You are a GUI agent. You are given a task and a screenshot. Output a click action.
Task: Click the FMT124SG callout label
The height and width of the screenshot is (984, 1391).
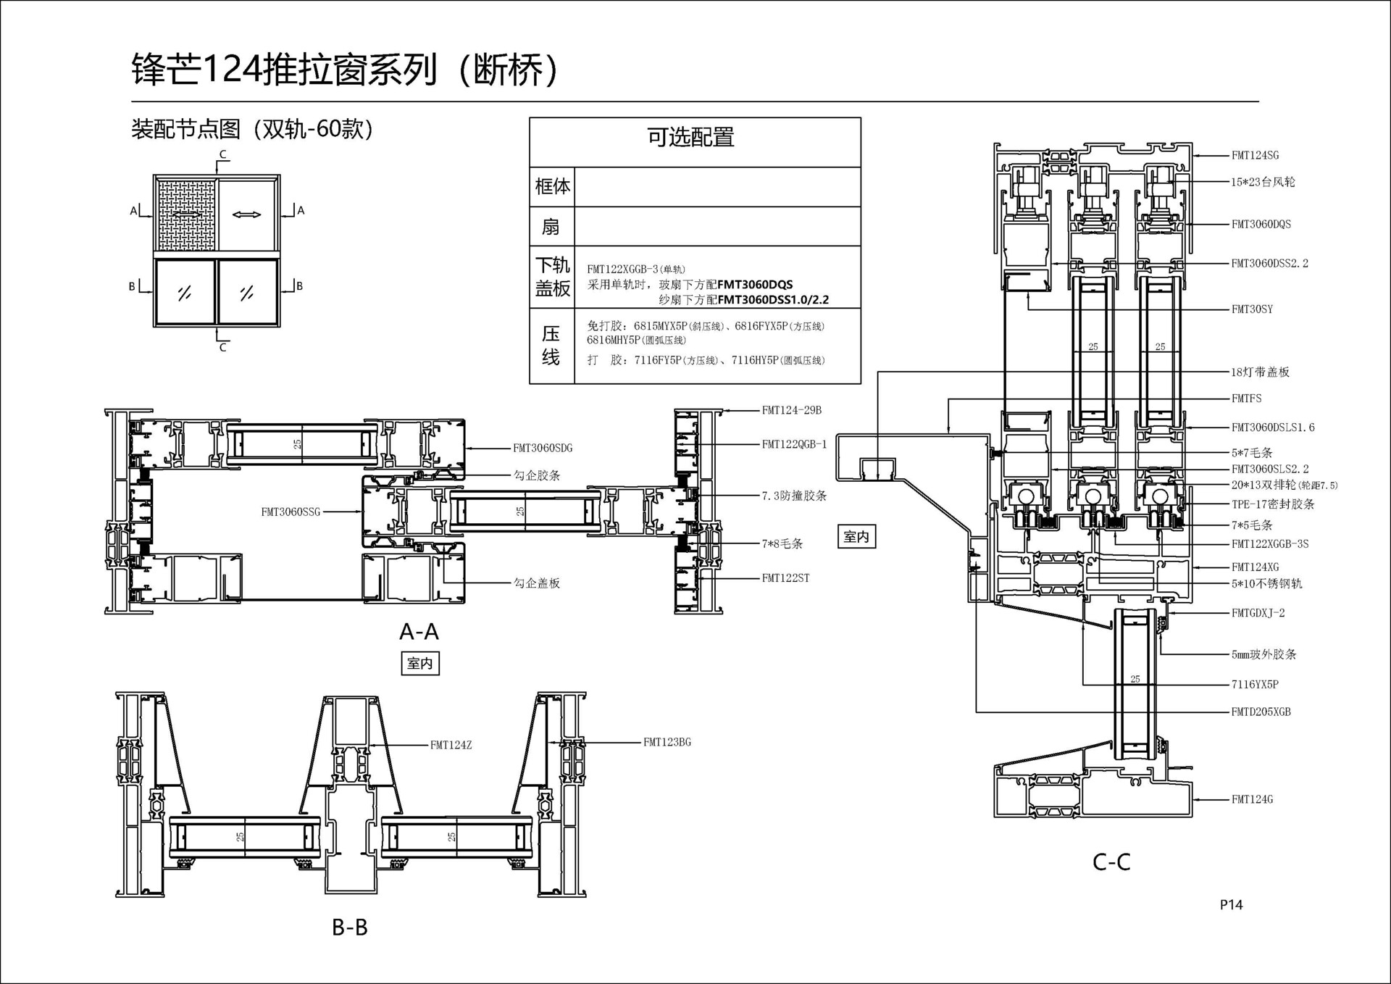pos(1255,155)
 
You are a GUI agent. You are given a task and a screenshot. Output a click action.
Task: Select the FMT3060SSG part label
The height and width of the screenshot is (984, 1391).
pos(291,512)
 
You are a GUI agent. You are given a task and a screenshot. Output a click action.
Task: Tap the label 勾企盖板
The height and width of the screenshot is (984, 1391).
pos(537,583)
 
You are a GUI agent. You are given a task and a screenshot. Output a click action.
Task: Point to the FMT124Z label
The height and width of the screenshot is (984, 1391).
pos(451,745)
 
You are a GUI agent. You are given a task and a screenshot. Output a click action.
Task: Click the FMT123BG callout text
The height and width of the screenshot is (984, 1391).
pos(667,742)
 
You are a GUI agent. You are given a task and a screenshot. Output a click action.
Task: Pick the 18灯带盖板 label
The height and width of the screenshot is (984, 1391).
pos(1260,372)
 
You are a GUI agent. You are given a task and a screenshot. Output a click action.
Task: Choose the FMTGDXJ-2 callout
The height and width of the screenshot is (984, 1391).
pos(1258,613)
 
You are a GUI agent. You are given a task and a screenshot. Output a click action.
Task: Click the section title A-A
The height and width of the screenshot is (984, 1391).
pos(419,632)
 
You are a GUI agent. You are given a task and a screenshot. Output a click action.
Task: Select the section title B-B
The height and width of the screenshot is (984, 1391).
pos(350,927)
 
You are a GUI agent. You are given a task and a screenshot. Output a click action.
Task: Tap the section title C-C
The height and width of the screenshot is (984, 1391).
pos(1111,862)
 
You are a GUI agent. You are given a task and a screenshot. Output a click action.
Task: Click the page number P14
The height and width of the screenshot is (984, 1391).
pos(1231,904)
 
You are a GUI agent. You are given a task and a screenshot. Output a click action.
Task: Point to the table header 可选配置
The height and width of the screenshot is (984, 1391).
pos(690,137)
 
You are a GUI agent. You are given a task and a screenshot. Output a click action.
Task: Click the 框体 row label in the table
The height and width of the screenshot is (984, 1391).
pos(552,187)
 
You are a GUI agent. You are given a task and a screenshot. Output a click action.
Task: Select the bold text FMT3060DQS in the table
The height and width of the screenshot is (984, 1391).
pos(755,285)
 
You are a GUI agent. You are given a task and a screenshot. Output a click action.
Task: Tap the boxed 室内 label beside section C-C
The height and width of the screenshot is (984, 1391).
pos(856,537)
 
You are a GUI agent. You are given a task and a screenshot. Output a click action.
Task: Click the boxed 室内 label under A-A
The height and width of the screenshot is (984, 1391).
pos(420,664)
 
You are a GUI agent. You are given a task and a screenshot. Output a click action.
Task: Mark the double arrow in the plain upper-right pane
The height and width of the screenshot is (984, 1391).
pos(246,214)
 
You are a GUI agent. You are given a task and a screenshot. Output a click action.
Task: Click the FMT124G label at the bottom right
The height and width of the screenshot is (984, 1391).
pos(1252,800)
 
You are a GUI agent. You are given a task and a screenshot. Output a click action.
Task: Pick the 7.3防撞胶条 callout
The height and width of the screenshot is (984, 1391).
pos(794,496)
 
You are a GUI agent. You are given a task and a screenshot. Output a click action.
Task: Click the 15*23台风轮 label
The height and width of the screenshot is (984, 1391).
pos(1263,182)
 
